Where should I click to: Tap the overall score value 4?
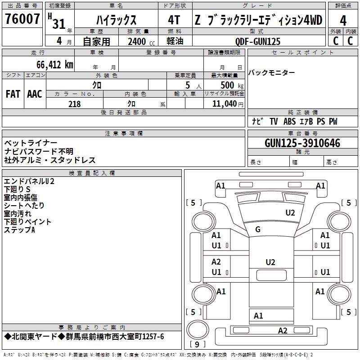coord(343,20)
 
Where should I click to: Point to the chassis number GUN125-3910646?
coord(302,143)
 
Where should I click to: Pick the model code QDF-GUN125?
coord(258,41)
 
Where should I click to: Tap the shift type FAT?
coord(13,94)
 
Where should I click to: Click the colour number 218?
coord(74,104)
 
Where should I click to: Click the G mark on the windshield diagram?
coord(258,229)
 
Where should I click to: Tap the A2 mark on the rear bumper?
coord(282,331)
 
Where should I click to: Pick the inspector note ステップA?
coord(19,230)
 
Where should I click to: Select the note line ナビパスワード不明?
coord(39,152)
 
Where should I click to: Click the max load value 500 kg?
coord(232,85)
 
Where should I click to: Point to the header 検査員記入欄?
coord(92,173)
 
